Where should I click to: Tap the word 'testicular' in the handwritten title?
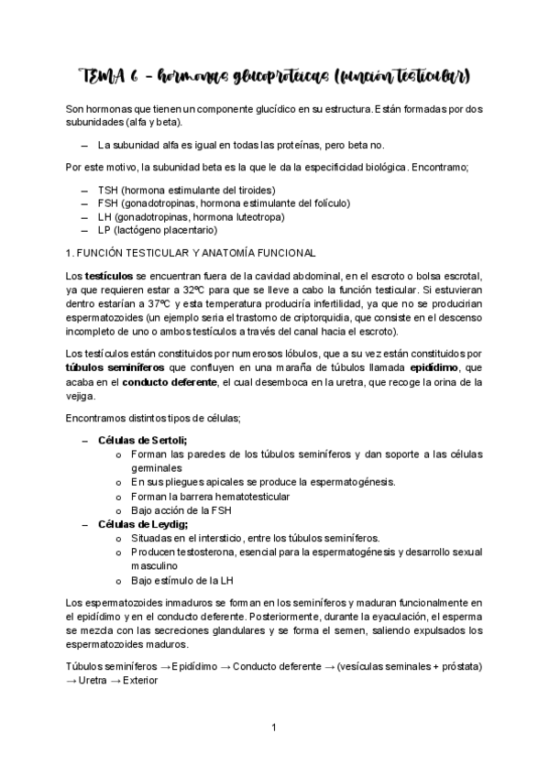coord(430,72)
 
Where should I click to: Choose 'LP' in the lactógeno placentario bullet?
coord(104,231)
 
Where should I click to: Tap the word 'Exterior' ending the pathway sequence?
coord(140,680)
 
